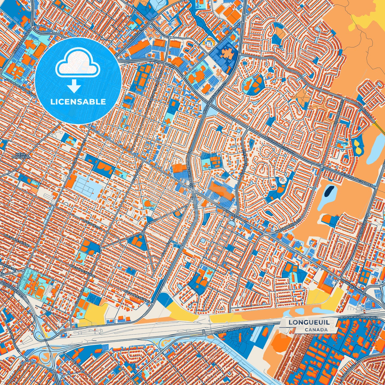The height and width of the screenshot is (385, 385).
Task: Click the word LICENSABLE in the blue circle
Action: (78, 102)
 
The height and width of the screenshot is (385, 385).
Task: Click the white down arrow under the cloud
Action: (74, 87)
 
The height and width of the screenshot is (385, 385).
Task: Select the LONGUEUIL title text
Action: (309, 322)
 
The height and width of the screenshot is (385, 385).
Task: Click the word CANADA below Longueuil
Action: (316, 330)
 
